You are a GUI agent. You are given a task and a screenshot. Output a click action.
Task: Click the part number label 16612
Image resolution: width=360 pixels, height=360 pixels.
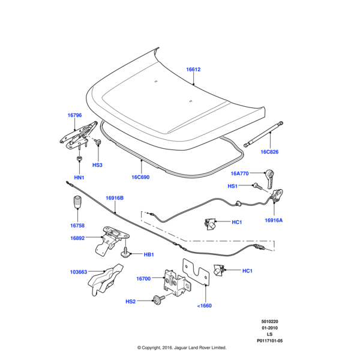[x=193, y=70]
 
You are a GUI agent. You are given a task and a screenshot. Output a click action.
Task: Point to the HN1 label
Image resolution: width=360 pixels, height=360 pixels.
[x=79, y=178]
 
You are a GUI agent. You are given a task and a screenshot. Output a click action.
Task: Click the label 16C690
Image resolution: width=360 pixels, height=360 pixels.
[x=141, y=178]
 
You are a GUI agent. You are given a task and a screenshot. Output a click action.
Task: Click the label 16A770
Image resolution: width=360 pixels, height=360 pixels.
[x=240, y=173]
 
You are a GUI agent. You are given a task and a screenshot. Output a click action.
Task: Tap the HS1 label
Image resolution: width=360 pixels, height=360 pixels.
[x=232, y=186]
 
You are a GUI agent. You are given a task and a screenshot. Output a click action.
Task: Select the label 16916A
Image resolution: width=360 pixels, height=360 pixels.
[x=274, y=220]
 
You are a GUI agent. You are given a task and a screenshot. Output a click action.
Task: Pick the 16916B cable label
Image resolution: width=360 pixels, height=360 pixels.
[x=114, y=197]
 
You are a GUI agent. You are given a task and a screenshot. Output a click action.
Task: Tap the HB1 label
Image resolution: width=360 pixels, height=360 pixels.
[x=149, y=254]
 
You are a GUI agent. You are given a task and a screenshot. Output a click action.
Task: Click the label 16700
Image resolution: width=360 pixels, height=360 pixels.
[x=143, y=278]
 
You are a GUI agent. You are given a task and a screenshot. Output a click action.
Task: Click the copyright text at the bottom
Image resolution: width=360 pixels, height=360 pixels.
[x=181, y=347]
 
